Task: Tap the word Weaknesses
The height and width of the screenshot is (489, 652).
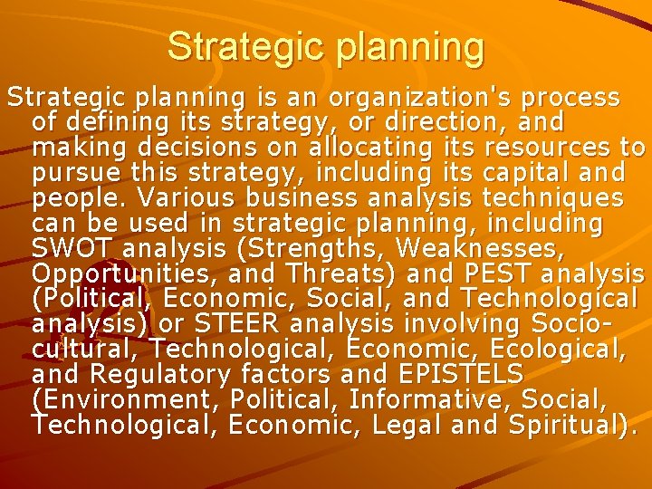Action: [470, 247]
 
